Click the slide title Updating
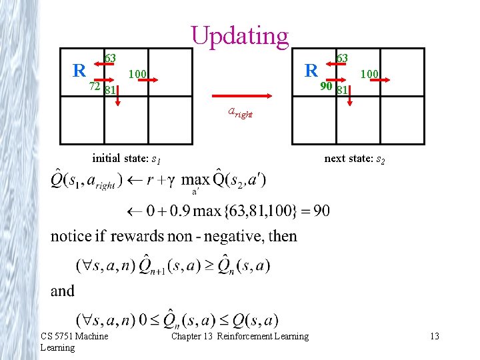click(240, 35)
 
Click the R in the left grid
click(79, 69)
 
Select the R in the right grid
click(311, 69)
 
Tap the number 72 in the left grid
click(95, 86)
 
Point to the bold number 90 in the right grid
click(326, 87)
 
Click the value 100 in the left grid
click(138, 73)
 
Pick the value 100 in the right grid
click(370, 73)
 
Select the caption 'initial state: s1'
click(126, 159)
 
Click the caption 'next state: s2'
click(355, 159)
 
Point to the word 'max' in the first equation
click(195, 180)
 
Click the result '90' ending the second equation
click(321, 211)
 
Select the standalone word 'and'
click(63, 291)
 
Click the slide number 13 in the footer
click(435, 336)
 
